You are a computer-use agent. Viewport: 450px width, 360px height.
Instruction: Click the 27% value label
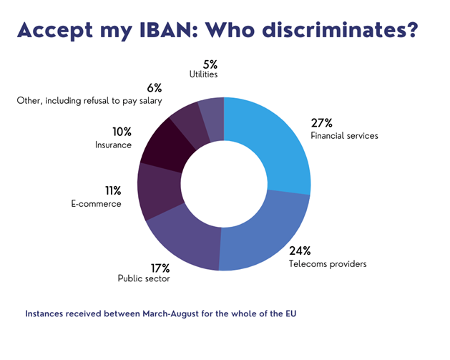321,122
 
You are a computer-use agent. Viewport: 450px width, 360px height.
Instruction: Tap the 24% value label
300,250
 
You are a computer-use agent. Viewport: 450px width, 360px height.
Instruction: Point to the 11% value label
113,190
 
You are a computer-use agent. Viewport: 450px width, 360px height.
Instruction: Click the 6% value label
155,88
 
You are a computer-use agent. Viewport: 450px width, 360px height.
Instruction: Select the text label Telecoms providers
328,263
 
